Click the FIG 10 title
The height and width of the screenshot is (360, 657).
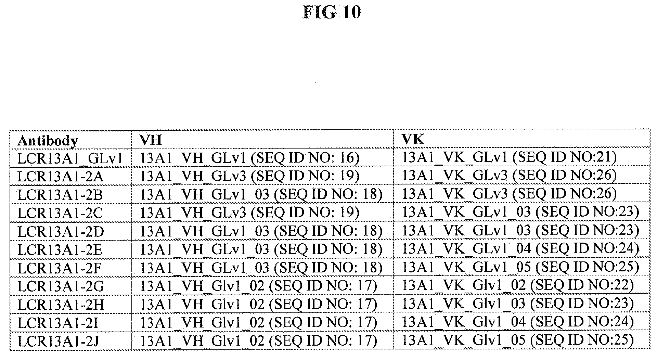332,13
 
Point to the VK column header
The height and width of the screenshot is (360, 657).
413,139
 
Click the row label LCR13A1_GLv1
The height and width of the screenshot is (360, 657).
70,158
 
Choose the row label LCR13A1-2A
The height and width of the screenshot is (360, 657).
61,177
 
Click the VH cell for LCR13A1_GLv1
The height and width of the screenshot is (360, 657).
250,157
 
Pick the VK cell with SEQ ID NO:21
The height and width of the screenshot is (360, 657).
509,157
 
